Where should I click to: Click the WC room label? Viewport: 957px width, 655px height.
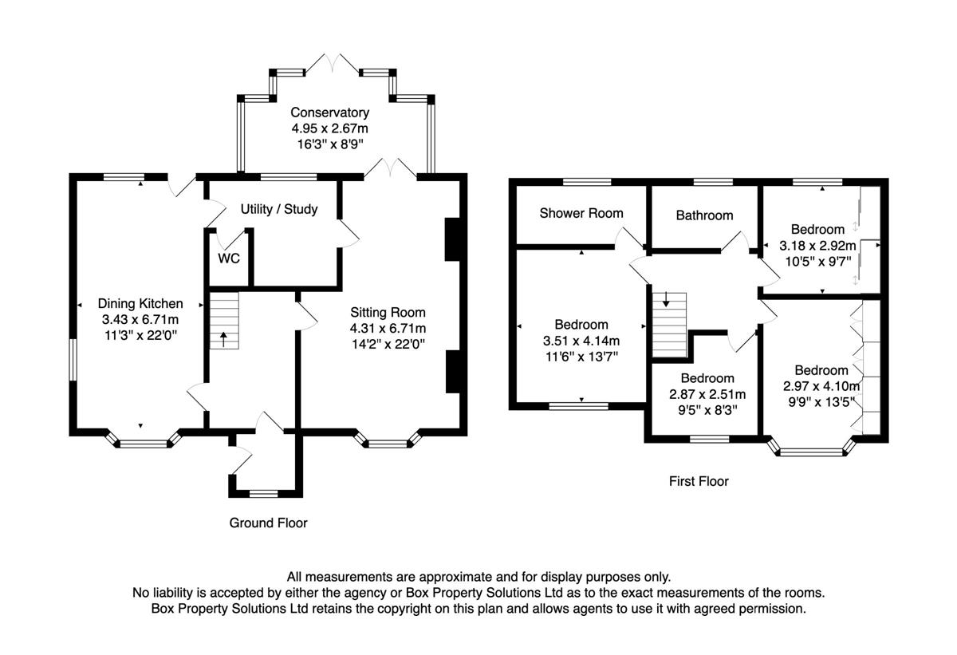pos(229,258)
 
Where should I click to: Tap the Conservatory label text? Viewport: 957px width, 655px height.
pos(330,112)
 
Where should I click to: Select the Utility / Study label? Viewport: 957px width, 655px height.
pos(279,209)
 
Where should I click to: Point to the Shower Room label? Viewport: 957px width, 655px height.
pos(581,213)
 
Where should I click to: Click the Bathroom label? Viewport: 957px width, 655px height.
pos(704,215)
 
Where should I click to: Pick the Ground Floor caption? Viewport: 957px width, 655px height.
pos(268,523)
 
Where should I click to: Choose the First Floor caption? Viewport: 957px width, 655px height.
pos(699,482)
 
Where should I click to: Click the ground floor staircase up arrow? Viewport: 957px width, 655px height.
pos(223,339)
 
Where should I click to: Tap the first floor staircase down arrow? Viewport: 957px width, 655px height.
pos(666,299)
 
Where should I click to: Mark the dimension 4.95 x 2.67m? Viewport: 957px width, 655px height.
pos(330,128)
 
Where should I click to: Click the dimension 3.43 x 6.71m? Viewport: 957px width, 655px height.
pos(140,320)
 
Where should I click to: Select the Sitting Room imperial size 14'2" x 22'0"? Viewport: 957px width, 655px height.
pos(388,344)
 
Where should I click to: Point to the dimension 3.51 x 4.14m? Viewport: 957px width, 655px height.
pos(581,341)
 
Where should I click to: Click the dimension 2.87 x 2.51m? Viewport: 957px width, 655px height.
pos(707,394)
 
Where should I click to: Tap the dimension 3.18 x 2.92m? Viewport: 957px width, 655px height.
pos(817,246)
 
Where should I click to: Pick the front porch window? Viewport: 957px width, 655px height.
pos(263,494)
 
